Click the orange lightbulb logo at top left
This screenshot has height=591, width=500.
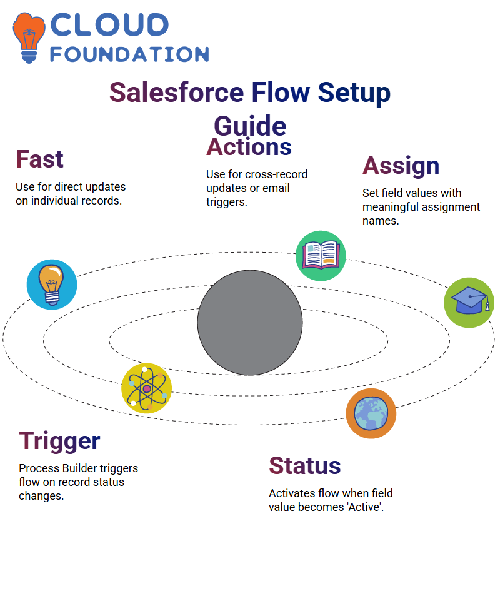pos(29,38)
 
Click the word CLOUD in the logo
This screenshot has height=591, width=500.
pos(109,25)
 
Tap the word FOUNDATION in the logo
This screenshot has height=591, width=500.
pos(129,54)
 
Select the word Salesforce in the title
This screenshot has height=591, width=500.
pos(177,93)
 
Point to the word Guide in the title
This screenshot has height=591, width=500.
pos(250,126)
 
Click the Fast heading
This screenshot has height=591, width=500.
pos(39,159)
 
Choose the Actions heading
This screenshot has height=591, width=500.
pos(249,146)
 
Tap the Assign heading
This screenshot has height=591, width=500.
pos(401,166)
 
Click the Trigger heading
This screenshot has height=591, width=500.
pos(59,441)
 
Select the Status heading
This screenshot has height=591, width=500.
pos(305,465)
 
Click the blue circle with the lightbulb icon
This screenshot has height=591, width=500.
pos(52,285)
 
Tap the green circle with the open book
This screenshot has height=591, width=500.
pos(321,256)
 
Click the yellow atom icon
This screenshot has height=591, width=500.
pos(147,388)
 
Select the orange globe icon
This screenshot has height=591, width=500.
pos(371,413)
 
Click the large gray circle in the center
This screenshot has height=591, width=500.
pos(250,323)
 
